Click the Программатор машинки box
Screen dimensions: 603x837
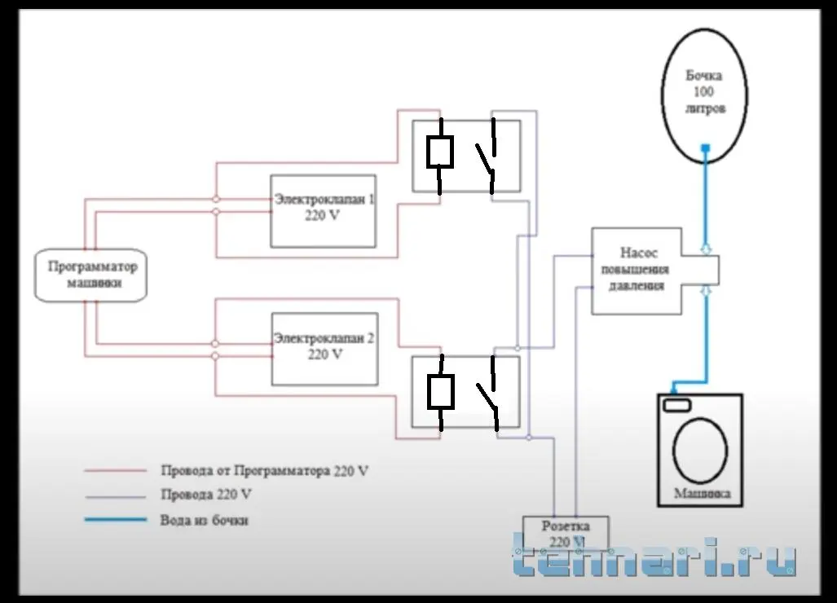(92, 275)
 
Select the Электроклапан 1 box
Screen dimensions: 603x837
(324, 211)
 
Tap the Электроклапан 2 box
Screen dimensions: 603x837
(324, 349)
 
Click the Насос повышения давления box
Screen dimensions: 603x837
(636, 271)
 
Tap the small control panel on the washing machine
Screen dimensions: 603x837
(676, 405)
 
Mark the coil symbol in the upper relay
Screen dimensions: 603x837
(440, 152)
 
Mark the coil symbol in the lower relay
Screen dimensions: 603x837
(440, 391)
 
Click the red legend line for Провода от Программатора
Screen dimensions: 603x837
(115, 471)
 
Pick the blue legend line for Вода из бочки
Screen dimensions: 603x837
(115, 520)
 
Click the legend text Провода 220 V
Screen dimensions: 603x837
(206, 495)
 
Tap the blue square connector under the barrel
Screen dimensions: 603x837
(706, 148)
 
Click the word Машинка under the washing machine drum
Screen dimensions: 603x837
(702, 494)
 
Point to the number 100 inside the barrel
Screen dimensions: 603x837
(703, 92)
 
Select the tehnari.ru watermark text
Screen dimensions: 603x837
(654, 558)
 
